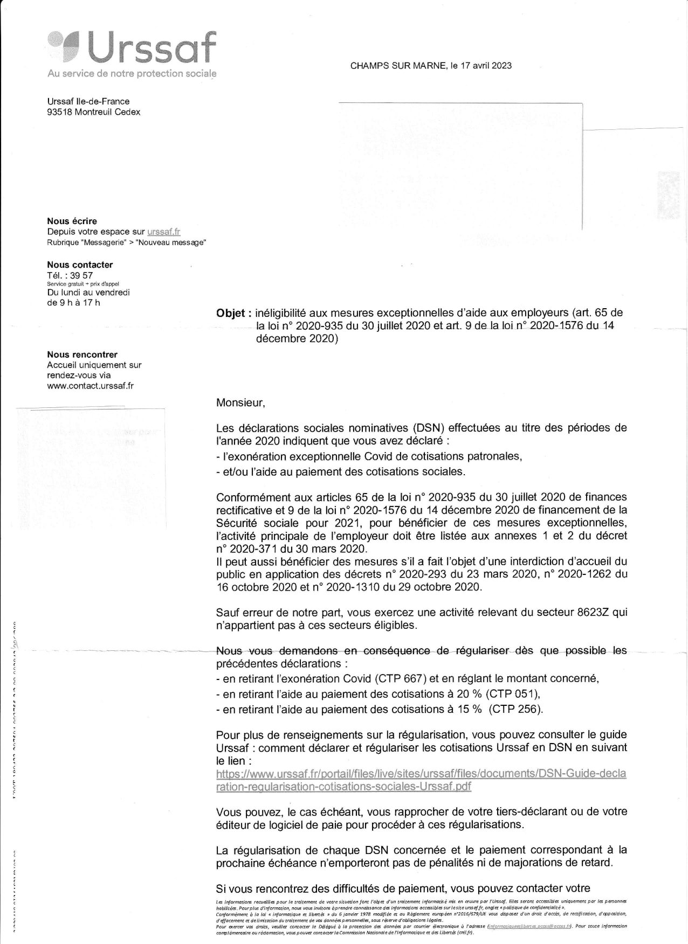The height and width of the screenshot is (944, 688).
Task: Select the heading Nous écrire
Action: [x=72, y=221]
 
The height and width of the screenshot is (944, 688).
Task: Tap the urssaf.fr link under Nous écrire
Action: [x=163, y=232]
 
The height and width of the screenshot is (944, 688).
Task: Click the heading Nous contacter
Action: [x=80, y=265]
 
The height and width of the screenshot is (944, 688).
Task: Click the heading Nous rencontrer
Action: [x=82, y=355]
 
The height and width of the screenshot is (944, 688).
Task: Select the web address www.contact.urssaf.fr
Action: [x=90, y=386]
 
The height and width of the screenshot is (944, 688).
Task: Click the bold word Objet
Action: [x=231, y=313]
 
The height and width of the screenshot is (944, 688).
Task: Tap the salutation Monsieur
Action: [x=240, y=402]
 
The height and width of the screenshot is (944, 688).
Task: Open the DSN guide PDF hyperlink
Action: [x=421, y=780]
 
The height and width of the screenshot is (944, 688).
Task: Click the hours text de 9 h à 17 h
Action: [x=73, y=303]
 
